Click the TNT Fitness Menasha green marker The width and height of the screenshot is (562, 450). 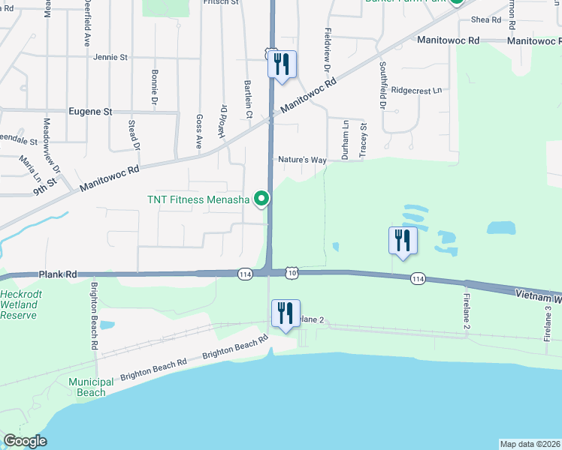pos(261,199)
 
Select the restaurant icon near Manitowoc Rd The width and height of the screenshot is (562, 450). pos(283,64)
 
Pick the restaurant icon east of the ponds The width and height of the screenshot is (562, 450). pos(403,241)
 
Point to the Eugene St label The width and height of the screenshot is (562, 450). pos(90,111)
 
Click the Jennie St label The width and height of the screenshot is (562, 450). pos(110,57)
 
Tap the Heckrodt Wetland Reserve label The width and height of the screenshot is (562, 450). pos(18,304)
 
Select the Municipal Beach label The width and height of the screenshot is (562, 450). pos(92,387)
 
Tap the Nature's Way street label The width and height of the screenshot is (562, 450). pos(302,160)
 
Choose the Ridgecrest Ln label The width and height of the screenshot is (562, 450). pos(416,91)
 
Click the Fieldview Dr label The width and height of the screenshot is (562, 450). pos(328,53)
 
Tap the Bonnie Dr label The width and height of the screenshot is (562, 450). pos(156,86)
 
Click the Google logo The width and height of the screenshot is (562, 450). pos(26,441)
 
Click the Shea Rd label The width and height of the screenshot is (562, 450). pos(485,19)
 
